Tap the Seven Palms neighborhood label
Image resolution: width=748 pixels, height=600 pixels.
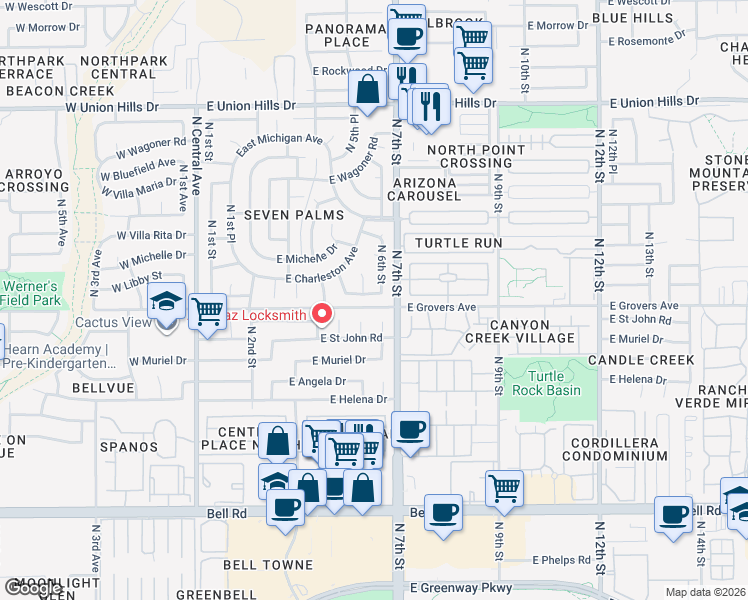tap(294, 215)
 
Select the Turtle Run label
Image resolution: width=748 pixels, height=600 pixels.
tap(458, 243)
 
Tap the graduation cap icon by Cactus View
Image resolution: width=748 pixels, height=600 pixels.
tap(167, 304)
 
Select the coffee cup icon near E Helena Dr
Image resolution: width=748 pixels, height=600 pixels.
tap(410, 430)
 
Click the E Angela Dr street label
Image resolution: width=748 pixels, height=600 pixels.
tap(317, 381)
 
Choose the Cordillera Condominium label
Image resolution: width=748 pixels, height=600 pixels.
tap(619, 449)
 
